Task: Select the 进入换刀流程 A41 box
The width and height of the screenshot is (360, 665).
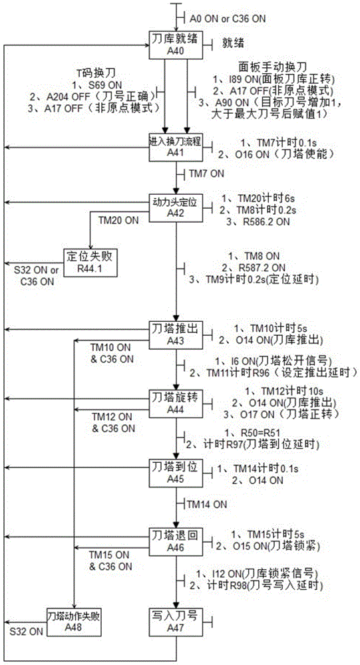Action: [x=175, y=147]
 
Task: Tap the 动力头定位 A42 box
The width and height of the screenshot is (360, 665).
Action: [x=175, y=206]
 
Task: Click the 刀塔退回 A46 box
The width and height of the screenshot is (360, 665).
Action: [x=175, y=538]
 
